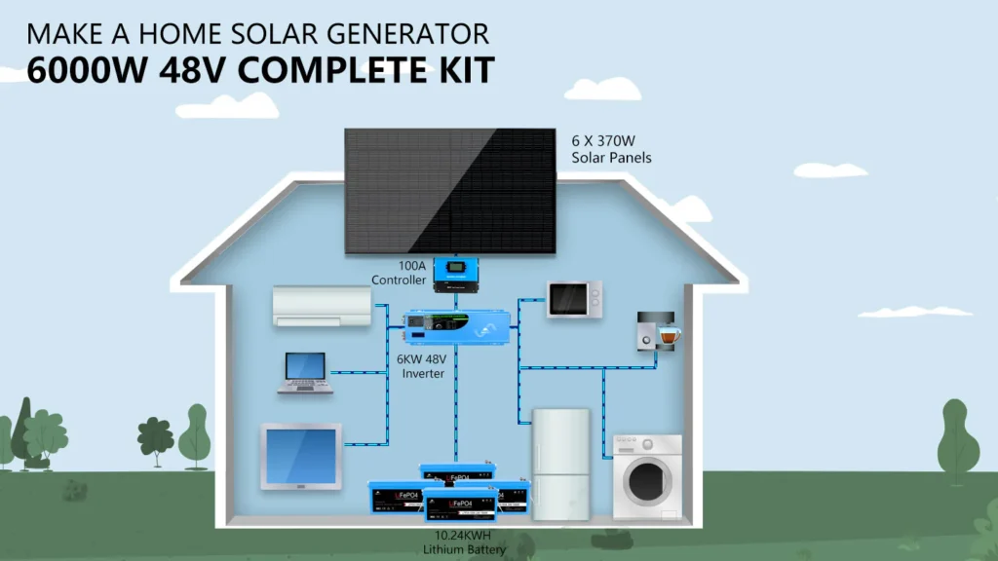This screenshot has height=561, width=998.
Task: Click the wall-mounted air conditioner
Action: pyautogui.click(x=321, y=306)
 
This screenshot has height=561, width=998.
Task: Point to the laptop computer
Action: pyautogui.click(x=305, y=373)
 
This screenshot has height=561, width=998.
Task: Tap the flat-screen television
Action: pyautogui.click(x=300, y=456)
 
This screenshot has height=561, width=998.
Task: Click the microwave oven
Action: pyautogui.click(x=574, y=298)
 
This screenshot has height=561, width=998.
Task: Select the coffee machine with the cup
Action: pyautogui.click(x=656, y=331)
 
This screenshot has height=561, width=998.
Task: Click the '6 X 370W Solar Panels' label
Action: pyautogui.click(x=611, y=148)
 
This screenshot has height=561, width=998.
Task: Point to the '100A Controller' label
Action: pyautogui.click(x=399, y=273)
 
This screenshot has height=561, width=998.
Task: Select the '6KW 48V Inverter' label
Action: pyautogui.click(x=421, y=366)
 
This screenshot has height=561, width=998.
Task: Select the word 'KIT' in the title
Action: pyautogui.click(x=462, y=71)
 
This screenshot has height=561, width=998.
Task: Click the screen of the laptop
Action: pyautogui.click(x=305, y=367)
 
